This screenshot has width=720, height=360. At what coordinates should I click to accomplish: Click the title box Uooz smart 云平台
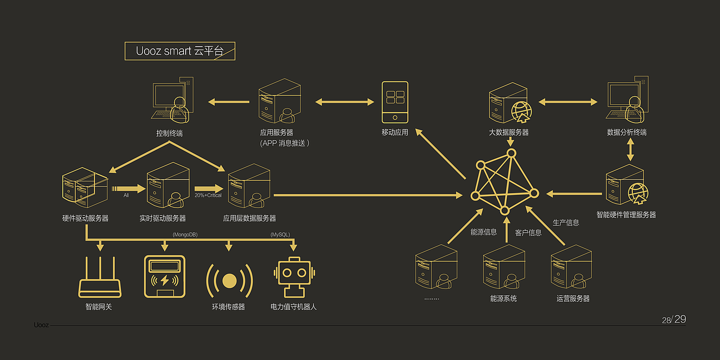click(179, 51)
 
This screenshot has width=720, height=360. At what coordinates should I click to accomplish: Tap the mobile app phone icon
click(395, 102)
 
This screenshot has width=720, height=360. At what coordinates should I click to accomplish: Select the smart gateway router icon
click(100, 278)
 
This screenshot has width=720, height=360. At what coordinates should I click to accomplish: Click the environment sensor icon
click(229, 280)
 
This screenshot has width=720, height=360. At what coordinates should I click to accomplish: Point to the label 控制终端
click(169, 133)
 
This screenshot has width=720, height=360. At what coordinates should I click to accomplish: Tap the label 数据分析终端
click(627, 132)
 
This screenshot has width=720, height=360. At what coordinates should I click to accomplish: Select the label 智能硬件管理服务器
click(626, 214)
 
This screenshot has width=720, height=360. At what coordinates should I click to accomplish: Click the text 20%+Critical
click(208, 195)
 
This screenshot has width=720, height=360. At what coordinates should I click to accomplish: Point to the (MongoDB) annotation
click(185, 234)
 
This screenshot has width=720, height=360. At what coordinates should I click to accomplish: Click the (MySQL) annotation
click(280, 234)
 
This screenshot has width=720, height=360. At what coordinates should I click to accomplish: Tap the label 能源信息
click(484, 232)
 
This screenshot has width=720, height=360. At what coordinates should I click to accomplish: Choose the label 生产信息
click(566, 223)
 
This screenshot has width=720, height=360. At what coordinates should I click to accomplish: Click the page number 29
click(680, 319)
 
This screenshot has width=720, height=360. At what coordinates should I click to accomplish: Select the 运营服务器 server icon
click(571, 267)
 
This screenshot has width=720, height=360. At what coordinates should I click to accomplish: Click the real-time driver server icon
click(167, 184)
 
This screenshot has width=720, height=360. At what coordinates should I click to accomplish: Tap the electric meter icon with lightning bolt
click(164, 277)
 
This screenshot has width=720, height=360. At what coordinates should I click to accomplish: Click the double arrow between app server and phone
click(344, 102)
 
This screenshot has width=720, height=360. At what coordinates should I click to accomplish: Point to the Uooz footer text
click(41, 325)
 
